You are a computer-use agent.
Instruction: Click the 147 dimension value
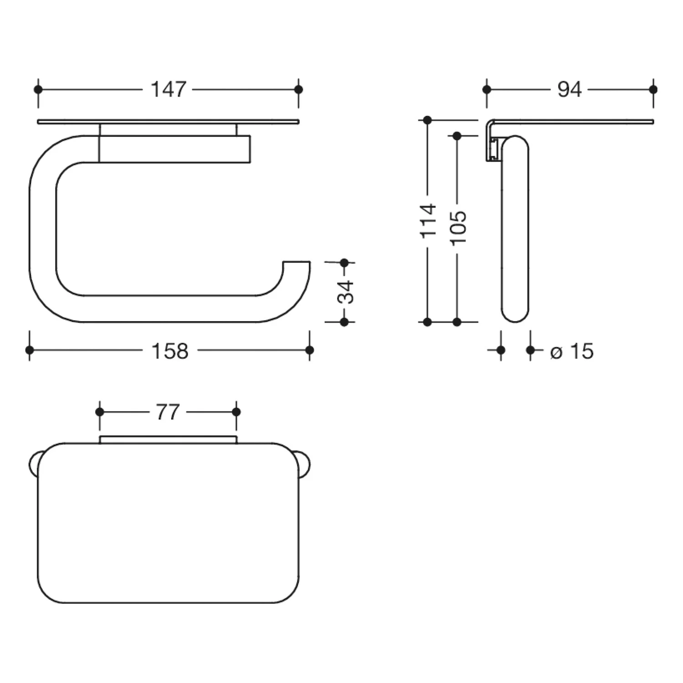pyautogui.click(x=168, y=89)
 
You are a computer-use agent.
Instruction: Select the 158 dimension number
pyautogui.click(x=170, y=351)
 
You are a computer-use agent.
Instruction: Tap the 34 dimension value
pyautogui.click(x=345, y=292)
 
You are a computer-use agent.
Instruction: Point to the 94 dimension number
pyautogui.click(x=570, y=89)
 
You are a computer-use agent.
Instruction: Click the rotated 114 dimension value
pyautogui.click(x=428, y=221)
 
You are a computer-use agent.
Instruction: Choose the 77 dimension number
pyautogui.click(x=168, y=412)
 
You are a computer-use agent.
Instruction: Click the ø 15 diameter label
pyautogui.click(x=572, y=351)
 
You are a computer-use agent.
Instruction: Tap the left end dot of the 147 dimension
pyautogui.click(x=38, y=89)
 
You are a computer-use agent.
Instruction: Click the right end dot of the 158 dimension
pyautogui.click(x=310, y=350)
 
